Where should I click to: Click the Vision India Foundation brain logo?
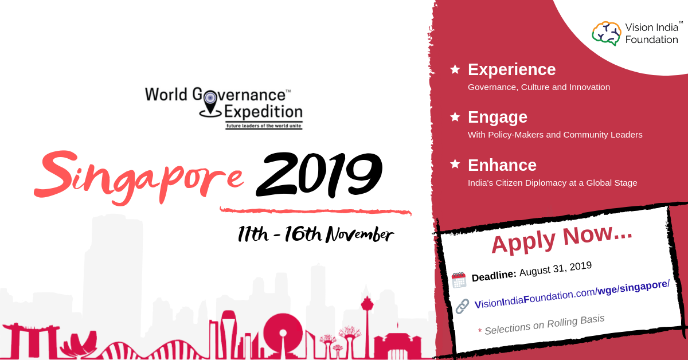click(606, 33)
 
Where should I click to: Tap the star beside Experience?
click(455, 69)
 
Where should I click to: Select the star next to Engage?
click(455, 117)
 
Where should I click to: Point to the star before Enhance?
click(455, 164)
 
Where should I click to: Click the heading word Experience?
click(511, 70)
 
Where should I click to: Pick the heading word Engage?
click(498, 118)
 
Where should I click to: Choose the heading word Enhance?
click(502, 165)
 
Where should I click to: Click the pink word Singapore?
click(139, 178)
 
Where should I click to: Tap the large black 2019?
click(319, 174)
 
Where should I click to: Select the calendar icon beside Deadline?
click(459, 280)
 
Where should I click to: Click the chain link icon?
click(462, 306)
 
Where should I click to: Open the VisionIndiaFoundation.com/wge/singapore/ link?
click(572, 295)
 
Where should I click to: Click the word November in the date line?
click(359, 234)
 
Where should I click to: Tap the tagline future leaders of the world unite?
click(264, 126)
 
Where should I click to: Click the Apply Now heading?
click(562, 239)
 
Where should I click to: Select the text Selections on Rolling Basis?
click(545, 325)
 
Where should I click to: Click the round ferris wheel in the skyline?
click(283, 332)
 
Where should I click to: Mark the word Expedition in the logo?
click(264, 112)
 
